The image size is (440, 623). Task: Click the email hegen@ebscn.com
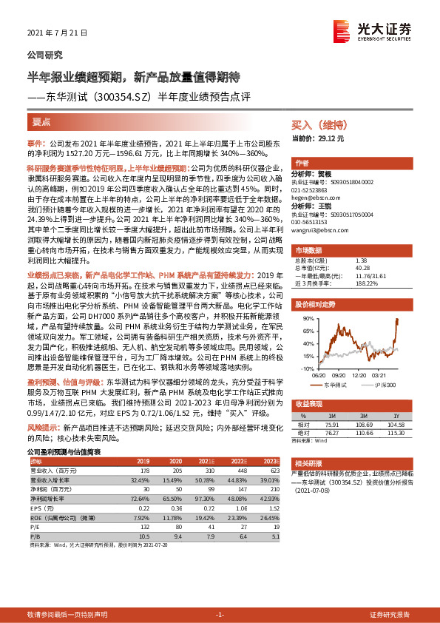tap(312, 198)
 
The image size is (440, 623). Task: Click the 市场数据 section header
tap(309, 250)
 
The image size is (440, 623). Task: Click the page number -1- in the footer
tap(219, 615)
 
